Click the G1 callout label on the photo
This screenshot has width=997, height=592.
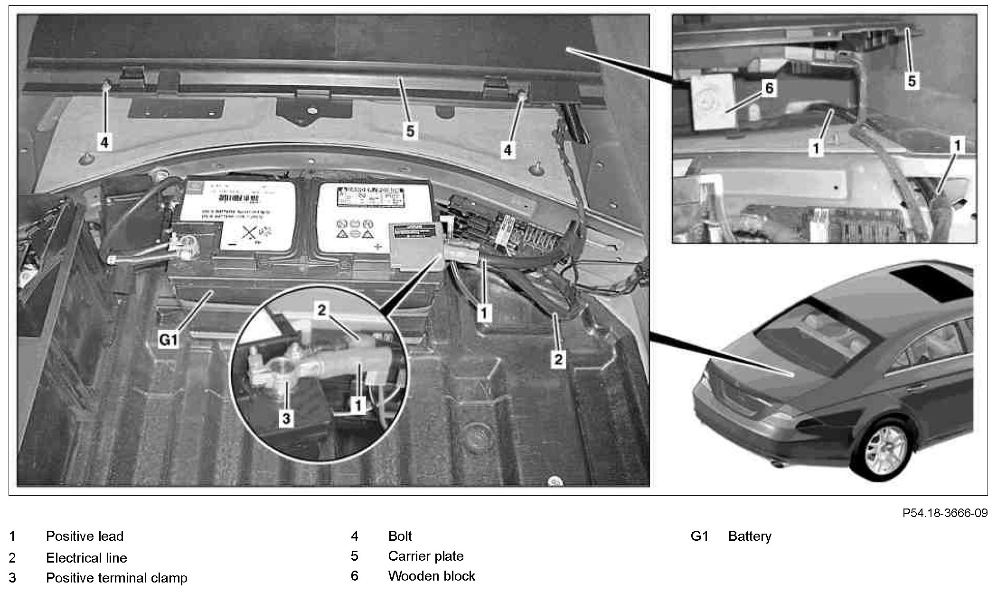point(168,340)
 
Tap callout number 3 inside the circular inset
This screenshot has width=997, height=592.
point(286,418)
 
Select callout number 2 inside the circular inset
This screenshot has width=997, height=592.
point(322,310)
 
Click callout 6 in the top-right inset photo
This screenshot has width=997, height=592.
point(769,88)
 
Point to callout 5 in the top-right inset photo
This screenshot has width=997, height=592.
point(912,81)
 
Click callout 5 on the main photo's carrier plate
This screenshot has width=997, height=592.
point(410,130)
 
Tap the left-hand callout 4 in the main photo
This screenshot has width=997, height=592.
point(104,142)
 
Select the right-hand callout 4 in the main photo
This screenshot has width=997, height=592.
point(508,150)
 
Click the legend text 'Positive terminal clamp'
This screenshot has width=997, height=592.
point(116,578)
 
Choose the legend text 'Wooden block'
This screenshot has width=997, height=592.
point(431,576)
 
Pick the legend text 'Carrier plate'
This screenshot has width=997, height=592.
point(425,556)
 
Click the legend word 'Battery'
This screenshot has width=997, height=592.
point(750,536)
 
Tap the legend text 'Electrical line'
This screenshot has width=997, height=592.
point(86,558)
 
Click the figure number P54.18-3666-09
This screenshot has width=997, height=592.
point(945,513)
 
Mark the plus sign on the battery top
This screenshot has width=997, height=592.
point(378,247)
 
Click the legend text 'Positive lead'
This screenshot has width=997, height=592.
point(85,536)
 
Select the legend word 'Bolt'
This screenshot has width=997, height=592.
point(400,536)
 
